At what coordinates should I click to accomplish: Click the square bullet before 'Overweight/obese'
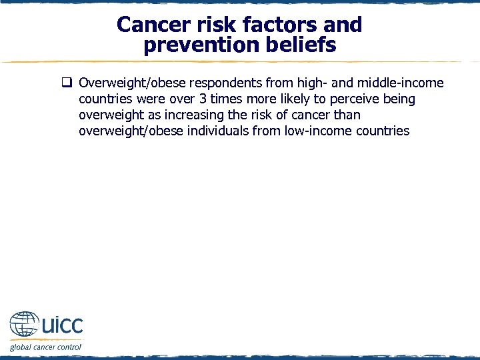click(x=67, y=83)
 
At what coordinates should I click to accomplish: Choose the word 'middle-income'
click(x=401, y=83)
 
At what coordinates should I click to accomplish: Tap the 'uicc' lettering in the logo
click(x=62, y=325)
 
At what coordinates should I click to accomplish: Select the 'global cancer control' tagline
click(x=45, y=347)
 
